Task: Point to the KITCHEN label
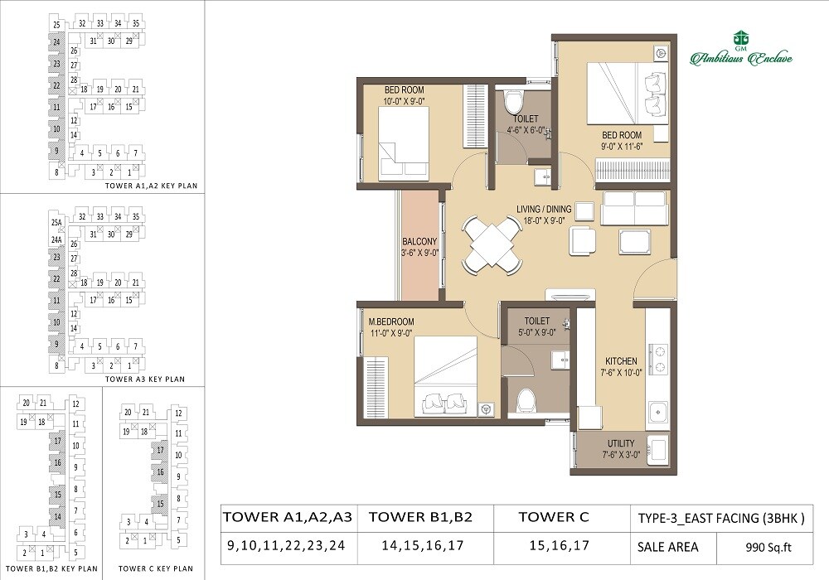coord(621,361)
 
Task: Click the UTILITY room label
coord(621,444)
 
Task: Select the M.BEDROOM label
coord(391,321)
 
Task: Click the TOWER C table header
coord(553,518)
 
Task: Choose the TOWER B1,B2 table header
coord(420,518)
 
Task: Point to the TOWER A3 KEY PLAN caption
coord(144,379)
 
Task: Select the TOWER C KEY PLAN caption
coord(156,569)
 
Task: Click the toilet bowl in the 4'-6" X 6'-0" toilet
coord(513,103)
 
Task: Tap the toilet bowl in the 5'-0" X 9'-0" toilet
coord(526,401)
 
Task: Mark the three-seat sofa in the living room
coord(634,208)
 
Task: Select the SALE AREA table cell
coord(667,547)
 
